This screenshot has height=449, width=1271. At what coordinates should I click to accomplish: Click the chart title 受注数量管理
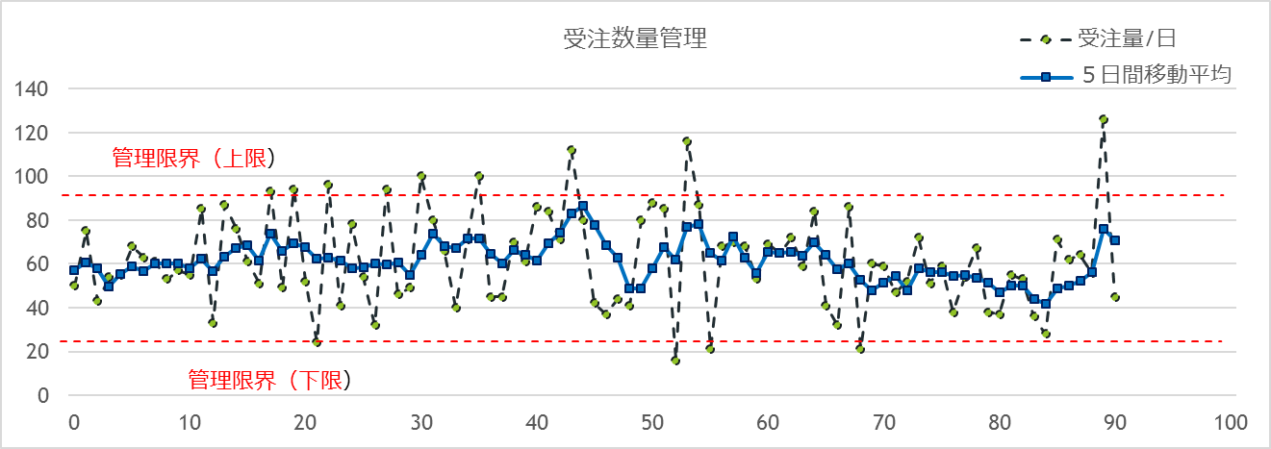635,39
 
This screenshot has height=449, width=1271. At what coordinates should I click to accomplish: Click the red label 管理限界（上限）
193,157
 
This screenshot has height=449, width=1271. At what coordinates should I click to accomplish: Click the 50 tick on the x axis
652,422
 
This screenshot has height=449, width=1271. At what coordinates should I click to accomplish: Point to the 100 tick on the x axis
1231,422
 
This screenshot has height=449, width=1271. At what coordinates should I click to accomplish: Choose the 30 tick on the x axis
420,422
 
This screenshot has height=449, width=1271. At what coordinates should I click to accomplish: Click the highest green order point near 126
1103,119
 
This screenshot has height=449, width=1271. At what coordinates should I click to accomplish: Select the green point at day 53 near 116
687,141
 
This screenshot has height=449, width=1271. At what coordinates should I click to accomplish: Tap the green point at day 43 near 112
572,150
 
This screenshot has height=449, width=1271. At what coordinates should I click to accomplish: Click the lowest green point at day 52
675,361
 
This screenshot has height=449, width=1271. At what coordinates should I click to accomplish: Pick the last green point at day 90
1115,297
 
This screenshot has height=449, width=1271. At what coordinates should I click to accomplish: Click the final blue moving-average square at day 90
1115,240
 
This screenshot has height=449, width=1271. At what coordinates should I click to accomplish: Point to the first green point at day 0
74,286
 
